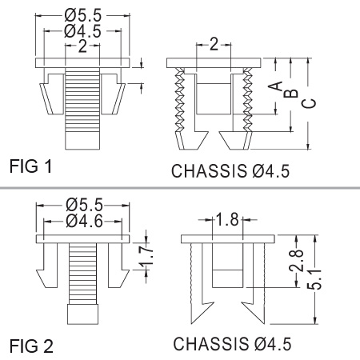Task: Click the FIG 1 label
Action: click(x=30, y=166)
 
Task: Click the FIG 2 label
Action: click(x=31, y=346)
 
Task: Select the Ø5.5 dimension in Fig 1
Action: click(x=83, y=15)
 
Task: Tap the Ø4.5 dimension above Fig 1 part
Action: click(x=82, y=31)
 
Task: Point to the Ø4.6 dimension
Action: click(x=84, y=221)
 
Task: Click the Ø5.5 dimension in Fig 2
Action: click(x=84, y=205)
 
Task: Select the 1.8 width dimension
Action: click(x=227, y=219)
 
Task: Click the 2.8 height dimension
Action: click(x=297, y=261)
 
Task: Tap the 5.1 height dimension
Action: click(x=314, y=279)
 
